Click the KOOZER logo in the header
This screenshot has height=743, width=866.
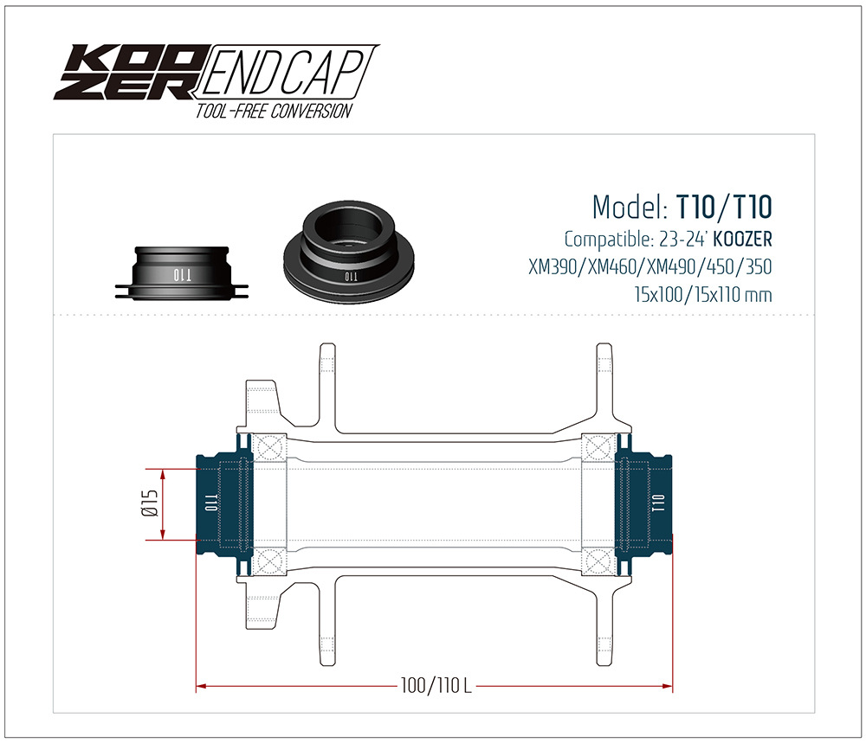click(127, 71)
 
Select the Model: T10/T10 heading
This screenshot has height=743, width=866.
click(682, 208)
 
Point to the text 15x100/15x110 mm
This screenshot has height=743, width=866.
click(702, 295)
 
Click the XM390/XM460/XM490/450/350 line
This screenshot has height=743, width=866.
click(649, 266)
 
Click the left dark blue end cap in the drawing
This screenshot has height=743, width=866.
click(222, 503)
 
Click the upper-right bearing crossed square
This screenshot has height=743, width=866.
click(597, 448)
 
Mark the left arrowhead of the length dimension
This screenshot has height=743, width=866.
click(203, 687)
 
